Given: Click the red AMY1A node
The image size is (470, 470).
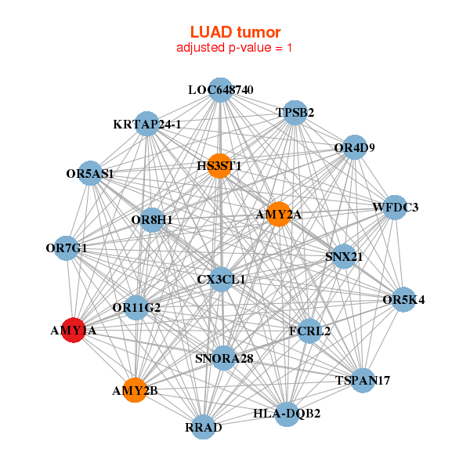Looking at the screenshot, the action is click(x=74, y=331).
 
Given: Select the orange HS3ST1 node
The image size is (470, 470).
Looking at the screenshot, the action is click(x=220, y=165).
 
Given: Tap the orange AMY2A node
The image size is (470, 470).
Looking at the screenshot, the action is click(x=279, y=214).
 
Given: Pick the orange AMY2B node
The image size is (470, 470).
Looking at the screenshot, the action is click(x=135, y=390).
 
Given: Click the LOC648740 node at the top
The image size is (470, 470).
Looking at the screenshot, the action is click(x=221, y=90).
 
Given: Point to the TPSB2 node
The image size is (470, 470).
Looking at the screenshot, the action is click(x=295, y=113).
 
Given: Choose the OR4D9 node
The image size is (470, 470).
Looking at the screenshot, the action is click(x=355, y=147).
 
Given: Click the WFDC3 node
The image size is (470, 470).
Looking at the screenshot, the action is click(x=395, y=208).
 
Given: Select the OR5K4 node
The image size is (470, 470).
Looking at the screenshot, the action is click(x=403, y=300).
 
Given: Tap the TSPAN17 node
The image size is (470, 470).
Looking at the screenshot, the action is click(x=363, y=381).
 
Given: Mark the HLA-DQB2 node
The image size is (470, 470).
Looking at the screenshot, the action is click(x=287, y=412).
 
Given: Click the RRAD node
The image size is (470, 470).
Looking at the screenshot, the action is click(x=204, y=427).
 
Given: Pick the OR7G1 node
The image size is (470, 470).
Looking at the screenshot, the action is click(x=67, y=248).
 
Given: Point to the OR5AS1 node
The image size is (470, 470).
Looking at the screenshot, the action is click(x=91, y=174).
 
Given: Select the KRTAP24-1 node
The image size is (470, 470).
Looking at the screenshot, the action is click(x=147, y=124).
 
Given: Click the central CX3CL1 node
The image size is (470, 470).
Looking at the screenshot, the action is click(x=222, y=279).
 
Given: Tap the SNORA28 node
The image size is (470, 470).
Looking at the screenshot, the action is click(x=224, y=358).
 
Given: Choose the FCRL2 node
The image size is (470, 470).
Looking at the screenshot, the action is click(x=309, y=331).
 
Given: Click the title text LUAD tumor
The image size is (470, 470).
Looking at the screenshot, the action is click(x=235, y=32).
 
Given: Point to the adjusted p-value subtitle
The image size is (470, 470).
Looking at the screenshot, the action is click(x=235, y=48).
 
